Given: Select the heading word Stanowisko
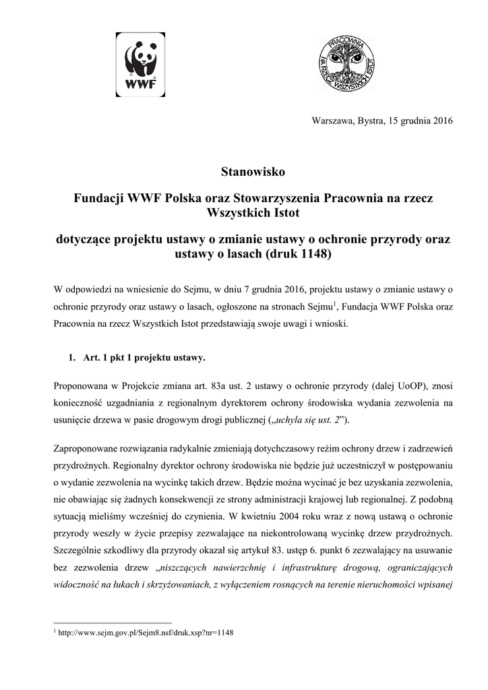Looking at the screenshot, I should pyautogui.click(x=253, y=172).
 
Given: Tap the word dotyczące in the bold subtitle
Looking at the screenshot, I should pyautogui.click(x=84, y=241).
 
